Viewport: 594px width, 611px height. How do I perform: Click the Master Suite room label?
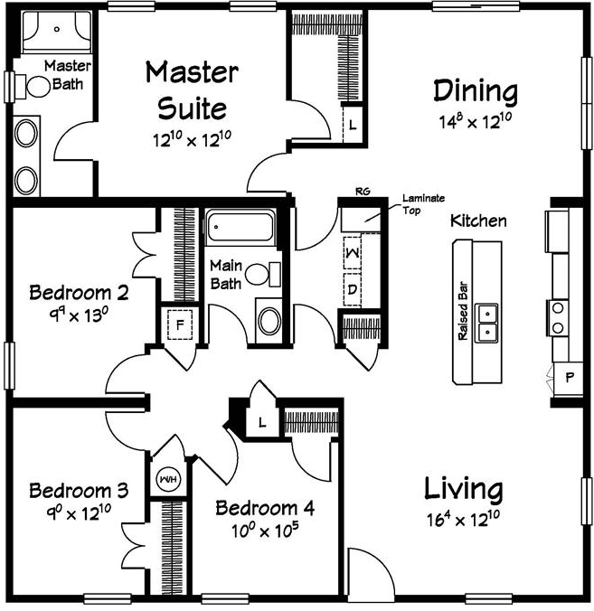pyautogui.click(x=192, y=90)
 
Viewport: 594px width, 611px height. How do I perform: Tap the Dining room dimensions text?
pyautogui.click(x=476, y=121)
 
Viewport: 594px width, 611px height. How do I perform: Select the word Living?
pyautogui.click(x=463, y=489)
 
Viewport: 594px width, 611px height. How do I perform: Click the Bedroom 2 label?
pyautogui.click(x=79, y=292)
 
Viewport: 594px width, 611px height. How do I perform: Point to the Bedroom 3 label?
pyautogui.click(x=79, y=491)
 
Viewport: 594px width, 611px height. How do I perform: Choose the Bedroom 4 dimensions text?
pyautogui.click(x=265, y=530)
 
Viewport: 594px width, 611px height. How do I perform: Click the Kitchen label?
pyautogui.click(x=478, y=221)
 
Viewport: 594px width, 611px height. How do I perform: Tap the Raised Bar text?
pyautogui.click(x=463, y=311)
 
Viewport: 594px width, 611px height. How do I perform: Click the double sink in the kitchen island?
pyautogui.click(x=486, y=323)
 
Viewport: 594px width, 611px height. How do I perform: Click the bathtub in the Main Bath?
pyautogui.click(x=240, y=227)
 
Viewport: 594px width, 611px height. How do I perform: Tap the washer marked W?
pyautogui.click(x=353, y=252)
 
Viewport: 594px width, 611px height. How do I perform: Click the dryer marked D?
pyautogui.click(x=353, y=289)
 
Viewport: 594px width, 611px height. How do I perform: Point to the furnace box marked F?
pyautogui.click(x=180, y=325)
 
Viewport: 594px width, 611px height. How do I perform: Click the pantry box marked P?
pyautogui.click(x=569, y=377)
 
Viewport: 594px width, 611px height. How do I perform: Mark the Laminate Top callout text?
pyautogui.click(x=423, y=204)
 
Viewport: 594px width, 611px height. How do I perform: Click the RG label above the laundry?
pyautogui.click(x=363, y=192)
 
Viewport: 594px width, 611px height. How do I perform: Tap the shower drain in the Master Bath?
pyautogui.click(x=57, y=29)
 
